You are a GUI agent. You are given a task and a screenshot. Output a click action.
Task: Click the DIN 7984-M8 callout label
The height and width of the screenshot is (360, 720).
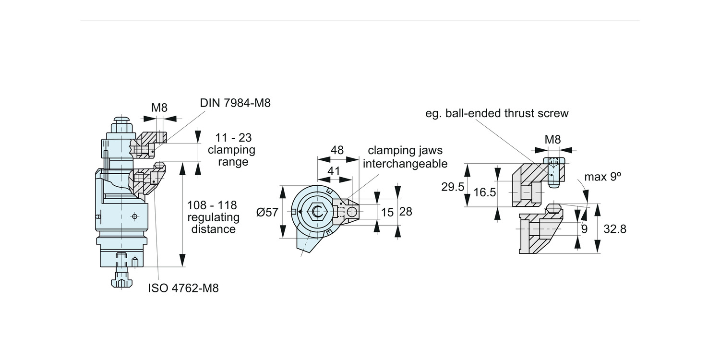pos(235,103)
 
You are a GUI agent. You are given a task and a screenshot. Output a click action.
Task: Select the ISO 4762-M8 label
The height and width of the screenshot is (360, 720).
pos(183,288)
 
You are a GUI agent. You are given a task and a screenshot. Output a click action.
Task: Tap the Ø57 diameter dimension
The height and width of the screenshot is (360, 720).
pos(267,212)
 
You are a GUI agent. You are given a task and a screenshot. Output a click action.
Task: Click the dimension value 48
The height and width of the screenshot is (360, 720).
pos(337,150)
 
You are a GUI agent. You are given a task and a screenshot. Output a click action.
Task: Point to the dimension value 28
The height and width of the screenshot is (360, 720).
pos(406,211)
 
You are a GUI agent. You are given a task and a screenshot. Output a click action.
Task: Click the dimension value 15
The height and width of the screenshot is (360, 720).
pos(387,211)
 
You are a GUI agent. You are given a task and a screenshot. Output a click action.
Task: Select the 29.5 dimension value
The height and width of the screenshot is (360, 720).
pos(453,187)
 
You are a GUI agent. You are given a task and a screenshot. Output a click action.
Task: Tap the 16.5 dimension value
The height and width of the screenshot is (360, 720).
pos(485,192)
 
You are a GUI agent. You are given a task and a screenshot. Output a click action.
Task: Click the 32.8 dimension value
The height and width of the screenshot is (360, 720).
pos(615,229)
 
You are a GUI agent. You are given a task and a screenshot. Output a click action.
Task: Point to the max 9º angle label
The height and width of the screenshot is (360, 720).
pos(602,177)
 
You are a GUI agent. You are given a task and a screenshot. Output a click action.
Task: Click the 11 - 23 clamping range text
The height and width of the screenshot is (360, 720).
pos(231,149)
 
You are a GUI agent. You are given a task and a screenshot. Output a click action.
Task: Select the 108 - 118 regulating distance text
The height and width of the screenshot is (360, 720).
pos(213,217)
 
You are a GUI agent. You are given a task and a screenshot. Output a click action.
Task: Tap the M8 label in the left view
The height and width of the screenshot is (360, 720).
pos(159,108)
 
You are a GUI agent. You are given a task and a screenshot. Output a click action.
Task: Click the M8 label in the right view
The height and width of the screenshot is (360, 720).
pos(552,140)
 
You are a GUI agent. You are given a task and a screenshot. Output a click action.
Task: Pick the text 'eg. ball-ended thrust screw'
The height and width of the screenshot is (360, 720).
pos(497,113)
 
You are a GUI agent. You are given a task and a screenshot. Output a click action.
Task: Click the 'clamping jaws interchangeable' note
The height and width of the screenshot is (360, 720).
pos(405,157)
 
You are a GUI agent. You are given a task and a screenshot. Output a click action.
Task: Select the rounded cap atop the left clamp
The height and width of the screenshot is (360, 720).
pos(122,118)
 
